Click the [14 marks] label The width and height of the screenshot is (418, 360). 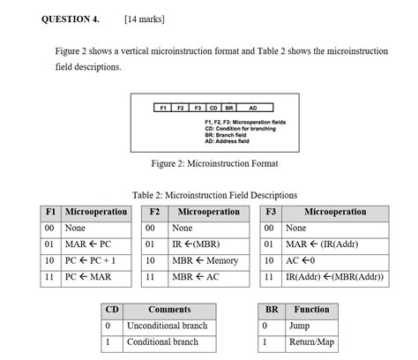(145, 18)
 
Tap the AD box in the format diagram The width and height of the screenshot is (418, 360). (253, 108)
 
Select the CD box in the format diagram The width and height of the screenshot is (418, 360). (213, 108)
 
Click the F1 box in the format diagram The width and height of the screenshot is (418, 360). (162, 108)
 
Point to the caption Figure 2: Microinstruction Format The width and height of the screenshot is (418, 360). (214, 163)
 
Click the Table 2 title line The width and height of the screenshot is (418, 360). (214, 195)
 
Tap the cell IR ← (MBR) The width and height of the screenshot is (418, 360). (196, 244)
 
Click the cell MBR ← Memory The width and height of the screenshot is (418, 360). (205, 260)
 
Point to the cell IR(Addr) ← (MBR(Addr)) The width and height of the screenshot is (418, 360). (334, 277)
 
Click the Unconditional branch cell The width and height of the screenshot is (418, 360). (168, 326)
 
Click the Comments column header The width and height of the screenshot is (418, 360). (169, 310)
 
